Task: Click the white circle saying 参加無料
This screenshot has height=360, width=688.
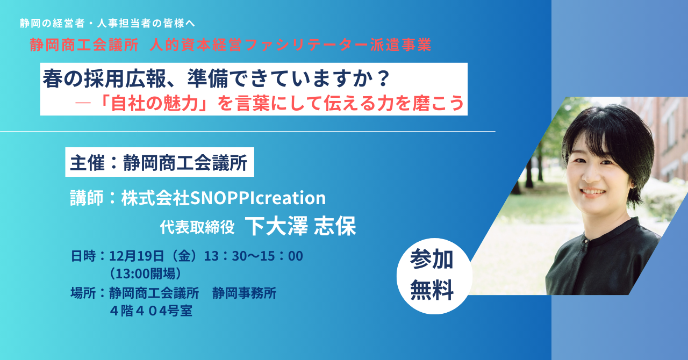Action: [434, 276]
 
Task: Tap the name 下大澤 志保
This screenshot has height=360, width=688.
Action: [300, 226]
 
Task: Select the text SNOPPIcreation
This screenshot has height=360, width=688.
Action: [258, 198]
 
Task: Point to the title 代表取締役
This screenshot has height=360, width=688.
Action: [197, 227]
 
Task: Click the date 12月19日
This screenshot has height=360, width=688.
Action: [137, 256]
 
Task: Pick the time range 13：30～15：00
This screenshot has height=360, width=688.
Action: [254, 256]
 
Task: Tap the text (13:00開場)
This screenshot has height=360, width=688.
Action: [146, 273]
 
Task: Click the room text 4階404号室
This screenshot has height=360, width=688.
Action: [151, 311]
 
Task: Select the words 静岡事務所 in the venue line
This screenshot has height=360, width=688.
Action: [244, 293]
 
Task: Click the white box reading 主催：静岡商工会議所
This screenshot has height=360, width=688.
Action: [160, 162]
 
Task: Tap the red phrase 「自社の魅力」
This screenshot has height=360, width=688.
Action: [154, 103]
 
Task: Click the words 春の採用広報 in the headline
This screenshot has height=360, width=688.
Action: [104, 78]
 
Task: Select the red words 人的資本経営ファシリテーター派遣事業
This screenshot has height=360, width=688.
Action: [291, 45]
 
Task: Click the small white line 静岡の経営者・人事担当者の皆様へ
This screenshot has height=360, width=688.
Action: [107, 23]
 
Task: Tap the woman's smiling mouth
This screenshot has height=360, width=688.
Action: [593, 192]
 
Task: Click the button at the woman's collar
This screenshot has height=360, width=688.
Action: [586, 241]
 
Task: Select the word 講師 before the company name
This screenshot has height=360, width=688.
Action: [87, 198]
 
